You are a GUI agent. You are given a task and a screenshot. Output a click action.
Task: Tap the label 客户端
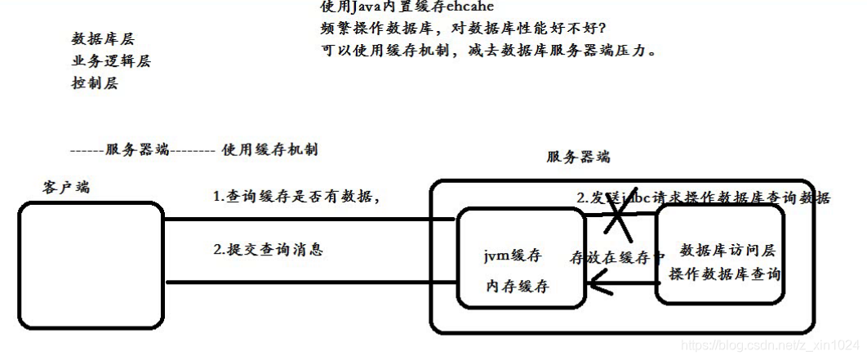(x=66, y=187)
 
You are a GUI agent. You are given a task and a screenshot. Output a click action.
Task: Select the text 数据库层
(x=103, y=39)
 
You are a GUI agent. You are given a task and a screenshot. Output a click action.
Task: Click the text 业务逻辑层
(x=111, y=61)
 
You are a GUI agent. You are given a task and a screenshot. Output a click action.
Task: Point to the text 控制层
(x=95, y=83)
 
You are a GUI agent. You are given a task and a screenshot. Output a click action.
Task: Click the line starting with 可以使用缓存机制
(x=489, y=51)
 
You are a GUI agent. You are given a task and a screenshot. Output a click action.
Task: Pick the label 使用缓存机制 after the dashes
(x=269, y=149)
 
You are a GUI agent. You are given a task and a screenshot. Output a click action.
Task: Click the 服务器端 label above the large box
(x=578, y=157)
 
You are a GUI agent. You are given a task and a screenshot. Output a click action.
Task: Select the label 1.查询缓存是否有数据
(x=297, y=197)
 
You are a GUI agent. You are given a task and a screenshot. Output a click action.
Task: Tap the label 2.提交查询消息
(x=269, y=250)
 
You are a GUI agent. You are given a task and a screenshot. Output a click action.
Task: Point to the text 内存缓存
(x=517, y=287)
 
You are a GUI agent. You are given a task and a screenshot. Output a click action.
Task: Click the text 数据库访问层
(x=727, y=250)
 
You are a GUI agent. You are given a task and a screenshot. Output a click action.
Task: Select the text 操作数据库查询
(x=725, y=275)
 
